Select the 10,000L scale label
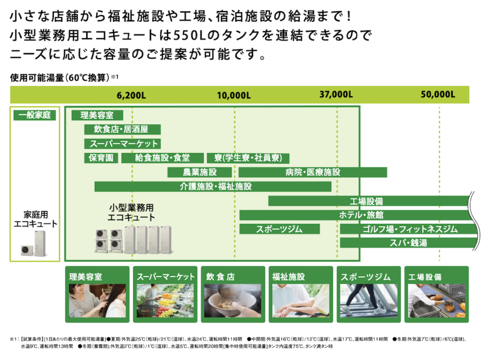234,95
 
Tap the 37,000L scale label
336,95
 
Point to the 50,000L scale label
438,95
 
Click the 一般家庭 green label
35,115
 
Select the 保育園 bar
101,158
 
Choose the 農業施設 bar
200,172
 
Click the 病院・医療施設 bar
313,172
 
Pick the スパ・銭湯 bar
408,243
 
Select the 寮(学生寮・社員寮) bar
248,158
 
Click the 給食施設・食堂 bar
162,158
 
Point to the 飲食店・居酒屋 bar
122,129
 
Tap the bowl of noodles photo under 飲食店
233,300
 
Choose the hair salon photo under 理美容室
97,300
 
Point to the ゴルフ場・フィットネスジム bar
408,229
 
